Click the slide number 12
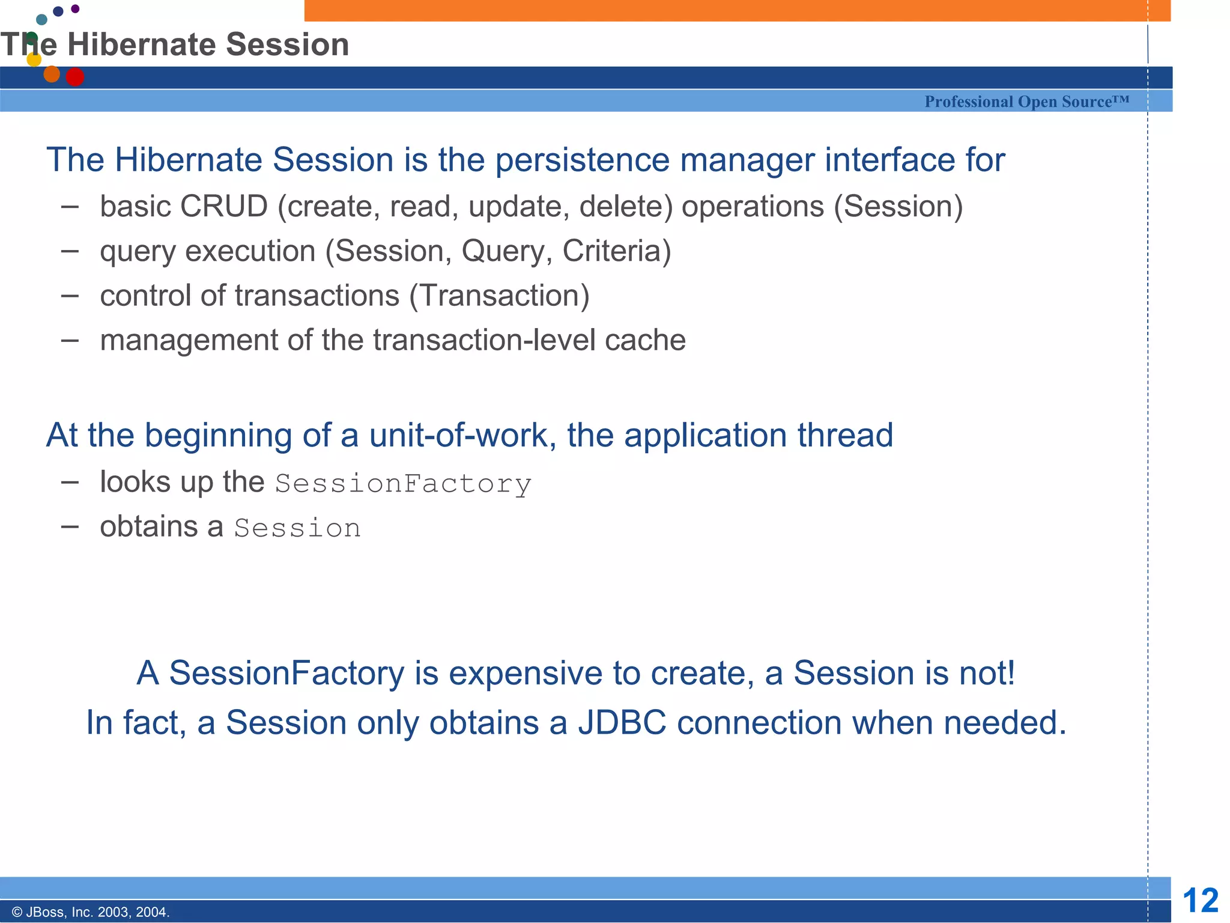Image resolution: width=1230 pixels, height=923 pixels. point(1200,900)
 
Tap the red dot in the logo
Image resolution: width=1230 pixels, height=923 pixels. point(74,77)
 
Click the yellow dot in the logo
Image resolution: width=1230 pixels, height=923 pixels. point(34,59)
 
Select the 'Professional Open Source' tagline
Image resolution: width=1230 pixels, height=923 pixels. point(1026,102)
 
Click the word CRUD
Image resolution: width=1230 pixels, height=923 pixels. point(223,207)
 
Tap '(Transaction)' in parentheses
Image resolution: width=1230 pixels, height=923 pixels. point(499,296)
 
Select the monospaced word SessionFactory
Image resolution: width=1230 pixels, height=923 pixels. point(403,484)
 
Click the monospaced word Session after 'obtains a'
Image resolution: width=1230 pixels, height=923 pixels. point(297,528)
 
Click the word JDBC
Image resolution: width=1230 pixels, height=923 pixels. point(622,722)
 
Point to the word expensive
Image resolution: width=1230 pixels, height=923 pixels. point(526,673)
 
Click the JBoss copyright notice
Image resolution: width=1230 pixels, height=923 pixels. point(91,912)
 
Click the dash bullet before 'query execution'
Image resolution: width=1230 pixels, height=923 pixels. point(70,251)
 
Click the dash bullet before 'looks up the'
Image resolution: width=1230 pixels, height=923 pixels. point(70,482)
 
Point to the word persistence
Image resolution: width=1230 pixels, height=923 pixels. point(581,160)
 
